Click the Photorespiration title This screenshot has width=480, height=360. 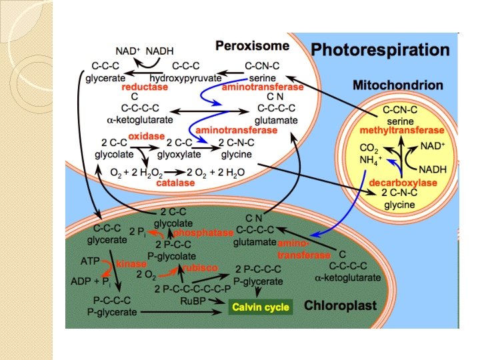click(x=380, y=50)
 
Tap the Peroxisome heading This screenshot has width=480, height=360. click(x=252, y=46)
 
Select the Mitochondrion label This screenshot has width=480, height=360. click(x=397, y=85)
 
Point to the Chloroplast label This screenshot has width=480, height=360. click(x=340, y=306)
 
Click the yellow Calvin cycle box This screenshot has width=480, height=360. click(x=260, y=307)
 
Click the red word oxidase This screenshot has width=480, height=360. click(x=147, y=136)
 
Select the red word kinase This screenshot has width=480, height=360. click(x=131, y=265)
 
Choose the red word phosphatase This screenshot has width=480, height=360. click(x=203, y=233)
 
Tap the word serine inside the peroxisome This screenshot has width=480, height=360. click(x=259, y=77)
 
